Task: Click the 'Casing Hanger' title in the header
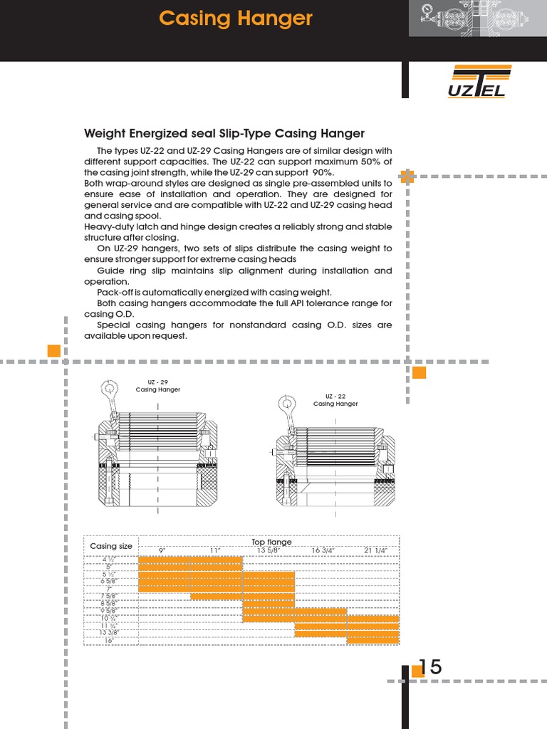(235, 19)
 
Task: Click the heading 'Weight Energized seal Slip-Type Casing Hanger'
(224, 133)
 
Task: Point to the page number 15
(430, 667)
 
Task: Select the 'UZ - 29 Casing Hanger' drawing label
(158, 386)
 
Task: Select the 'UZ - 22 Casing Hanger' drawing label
(335, 400)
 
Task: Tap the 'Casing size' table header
(111, 546)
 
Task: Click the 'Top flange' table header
(271, 542)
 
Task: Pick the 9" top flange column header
(162, 550)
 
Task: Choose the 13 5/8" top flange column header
(268, 550)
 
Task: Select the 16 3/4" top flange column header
(323, 550)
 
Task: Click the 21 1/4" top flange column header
(375, 550)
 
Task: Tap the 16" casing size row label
(110, 641)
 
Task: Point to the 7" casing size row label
(110, 589)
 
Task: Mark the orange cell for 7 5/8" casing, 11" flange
(217, 596)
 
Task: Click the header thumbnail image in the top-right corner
(478, 18)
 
